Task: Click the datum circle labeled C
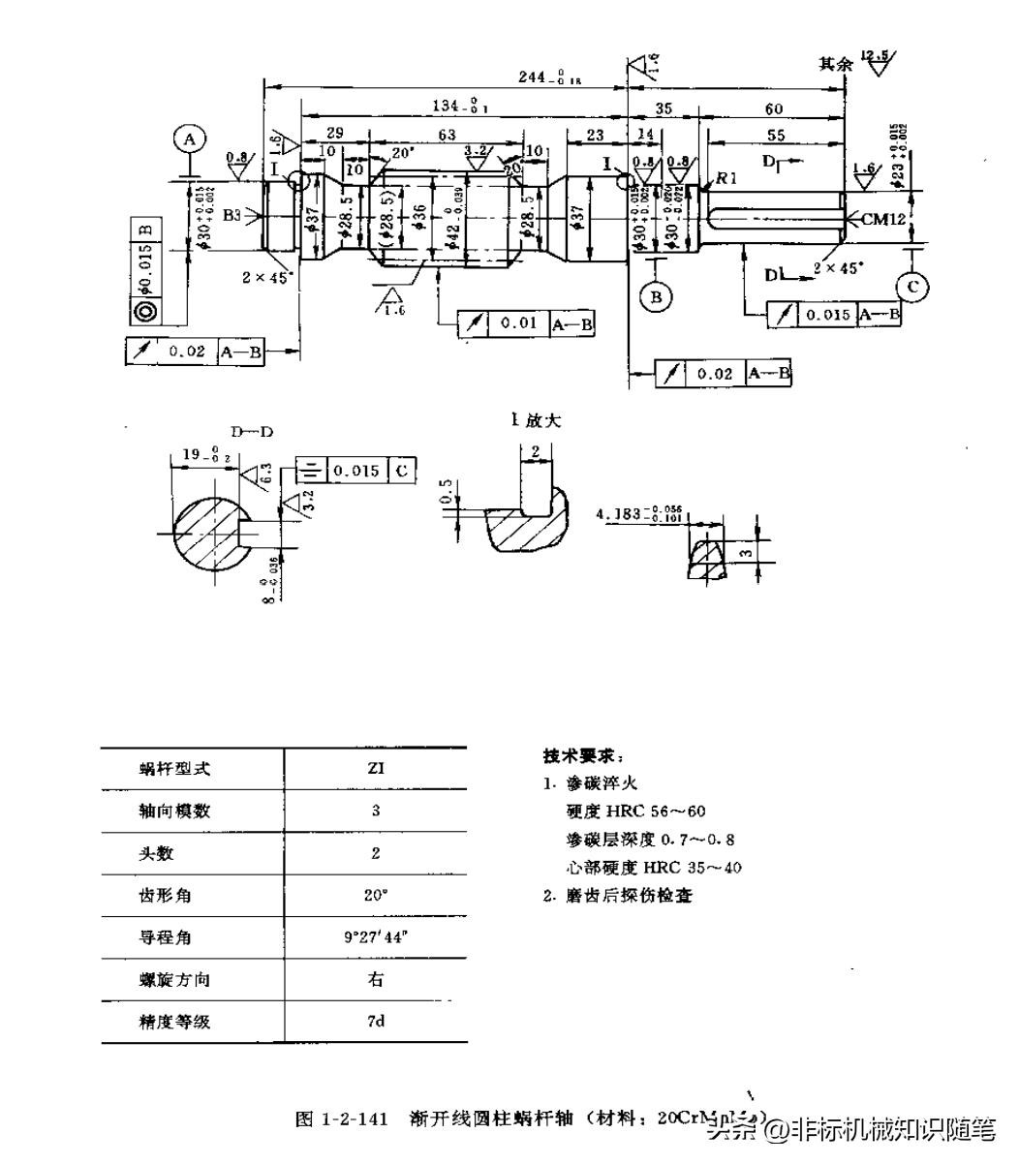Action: tap(912, 287)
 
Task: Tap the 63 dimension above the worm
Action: tap(447, 136)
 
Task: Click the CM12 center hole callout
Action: tap(882, 220)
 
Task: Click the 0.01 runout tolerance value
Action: tap(518, 322)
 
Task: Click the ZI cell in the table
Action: tap(376, 768)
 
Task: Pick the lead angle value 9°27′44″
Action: tap(376, 936)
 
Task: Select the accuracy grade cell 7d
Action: tap(376, 1021)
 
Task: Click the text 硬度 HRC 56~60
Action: tap(635, 811)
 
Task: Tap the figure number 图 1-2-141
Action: tap(341, 1118)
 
